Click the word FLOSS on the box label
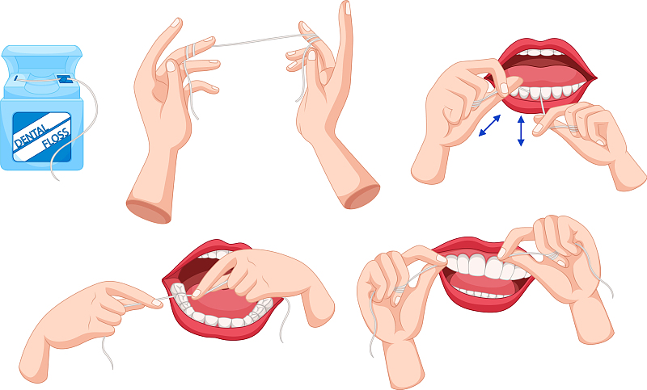[56, 138]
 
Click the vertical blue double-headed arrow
[521, 131]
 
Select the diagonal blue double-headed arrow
[489, 126]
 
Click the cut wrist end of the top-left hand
[149, 212]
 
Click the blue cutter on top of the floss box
[64, 79]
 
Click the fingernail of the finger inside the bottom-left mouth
[197, 293]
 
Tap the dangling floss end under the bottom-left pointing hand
[107, 352]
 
